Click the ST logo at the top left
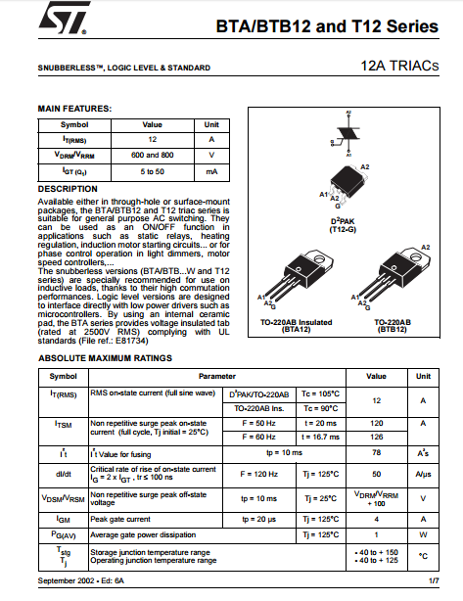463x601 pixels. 64,18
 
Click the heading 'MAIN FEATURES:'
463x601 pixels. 74,109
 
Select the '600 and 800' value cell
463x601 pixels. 152,156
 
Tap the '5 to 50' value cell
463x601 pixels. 152,171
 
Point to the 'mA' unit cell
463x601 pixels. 211,171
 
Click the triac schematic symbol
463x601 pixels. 347,133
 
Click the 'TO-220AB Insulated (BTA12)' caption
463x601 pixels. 297,326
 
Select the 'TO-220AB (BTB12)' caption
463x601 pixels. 393,326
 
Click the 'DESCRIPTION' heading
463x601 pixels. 68,189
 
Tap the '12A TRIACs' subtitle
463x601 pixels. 399,66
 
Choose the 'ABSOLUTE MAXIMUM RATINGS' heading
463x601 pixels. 106,358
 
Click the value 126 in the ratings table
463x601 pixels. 377,437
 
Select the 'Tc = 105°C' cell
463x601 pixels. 321,394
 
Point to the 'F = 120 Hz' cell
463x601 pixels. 259,474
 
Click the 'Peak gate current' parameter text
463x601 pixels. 120,520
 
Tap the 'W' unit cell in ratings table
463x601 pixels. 423,535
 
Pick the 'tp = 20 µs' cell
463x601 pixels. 259,520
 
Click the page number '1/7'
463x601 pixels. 434,581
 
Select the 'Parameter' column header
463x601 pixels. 217,377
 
